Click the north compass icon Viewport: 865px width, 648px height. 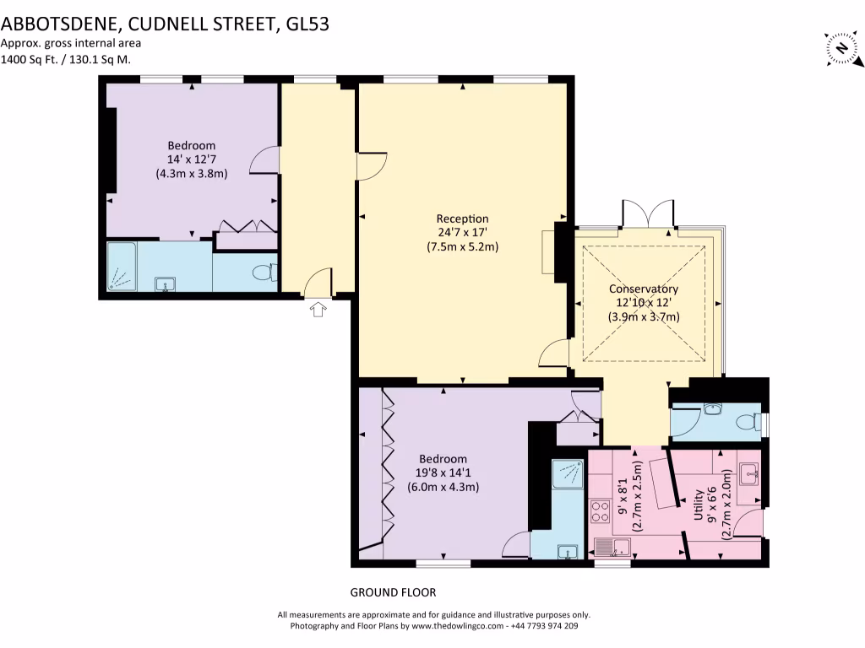pos(841,48)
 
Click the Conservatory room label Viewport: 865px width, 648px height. pos(644,289)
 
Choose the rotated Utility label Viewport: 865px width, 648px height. pos(699,503)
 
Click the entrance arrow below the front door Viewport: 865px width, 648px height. pos(318,310)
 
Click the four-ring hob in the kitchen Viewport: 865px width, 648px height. pos(600,511)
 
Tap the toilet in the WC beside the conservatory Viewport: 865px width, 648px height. pos(748,423)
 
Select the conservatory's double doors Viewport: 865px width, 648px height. pos(649,213)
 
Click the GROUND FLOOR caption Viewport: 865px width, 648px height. pos(393,592)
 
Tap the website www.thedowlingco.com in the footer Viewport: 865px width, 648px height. pos(460,626)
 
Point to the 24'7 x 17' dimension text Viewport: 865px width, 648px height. pos(462,232)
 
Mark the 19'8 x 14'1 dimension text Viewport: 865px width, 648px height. pos(443,472)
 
